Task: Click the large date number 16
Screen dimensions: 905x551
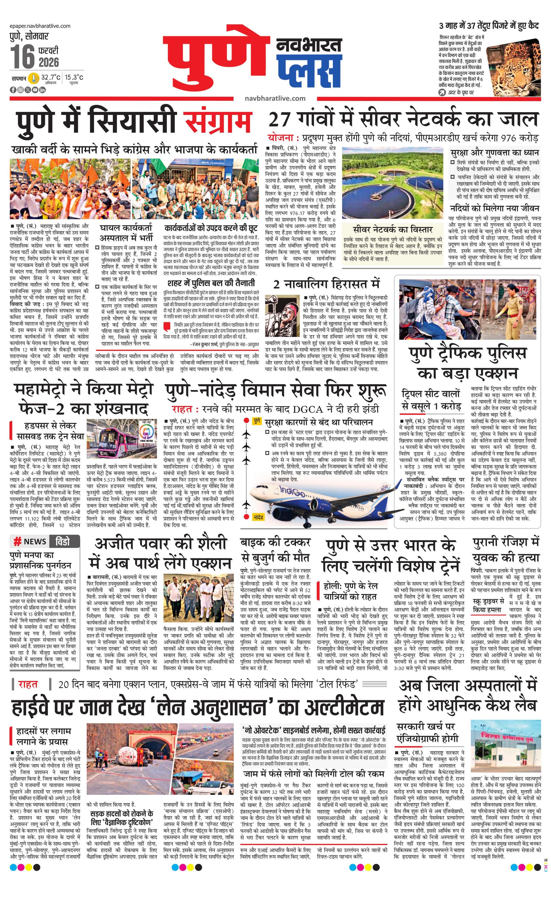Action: pos(22,57)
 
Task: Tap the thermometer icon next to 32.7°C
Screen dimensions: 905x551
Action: pos(34,78)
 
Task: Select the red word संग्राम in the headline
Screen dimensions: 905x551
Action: pos(218,120)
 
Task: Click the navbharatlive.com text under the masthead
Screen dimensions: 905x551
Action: pos(275,98)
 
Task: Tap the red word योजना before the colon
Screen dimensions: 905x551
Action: pos(280,138)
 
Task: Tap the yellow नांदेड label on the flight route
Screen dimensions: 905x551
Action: pos(258,517)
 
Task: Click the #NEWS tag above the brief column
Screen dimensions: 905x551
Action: pos(31,542)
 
